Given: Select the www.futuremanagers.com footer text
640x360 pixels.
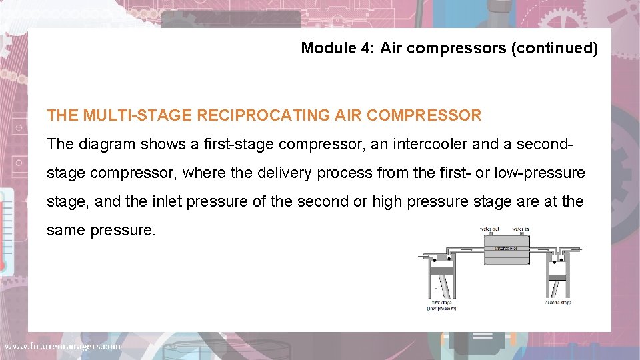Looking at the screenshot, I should point(63,346).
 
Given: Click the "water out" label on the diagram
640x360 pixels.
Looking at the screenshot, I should point(490,229).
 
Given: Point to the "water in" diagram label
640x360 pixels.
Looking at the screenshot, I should point(521,229).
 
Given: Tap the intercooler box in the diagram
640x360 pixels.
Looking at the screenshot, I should point(507,254).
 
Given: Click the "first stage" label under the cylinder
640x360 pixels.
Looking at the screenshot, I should point(441,303).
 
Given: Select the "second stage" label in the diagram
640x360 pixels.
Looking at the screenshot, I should point(558,303).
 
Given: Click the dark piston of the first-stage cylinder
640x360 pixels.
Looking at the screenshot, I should point(441,271).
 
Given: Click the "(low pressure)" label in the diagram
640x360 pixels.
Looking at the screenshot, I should point(441,309).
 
